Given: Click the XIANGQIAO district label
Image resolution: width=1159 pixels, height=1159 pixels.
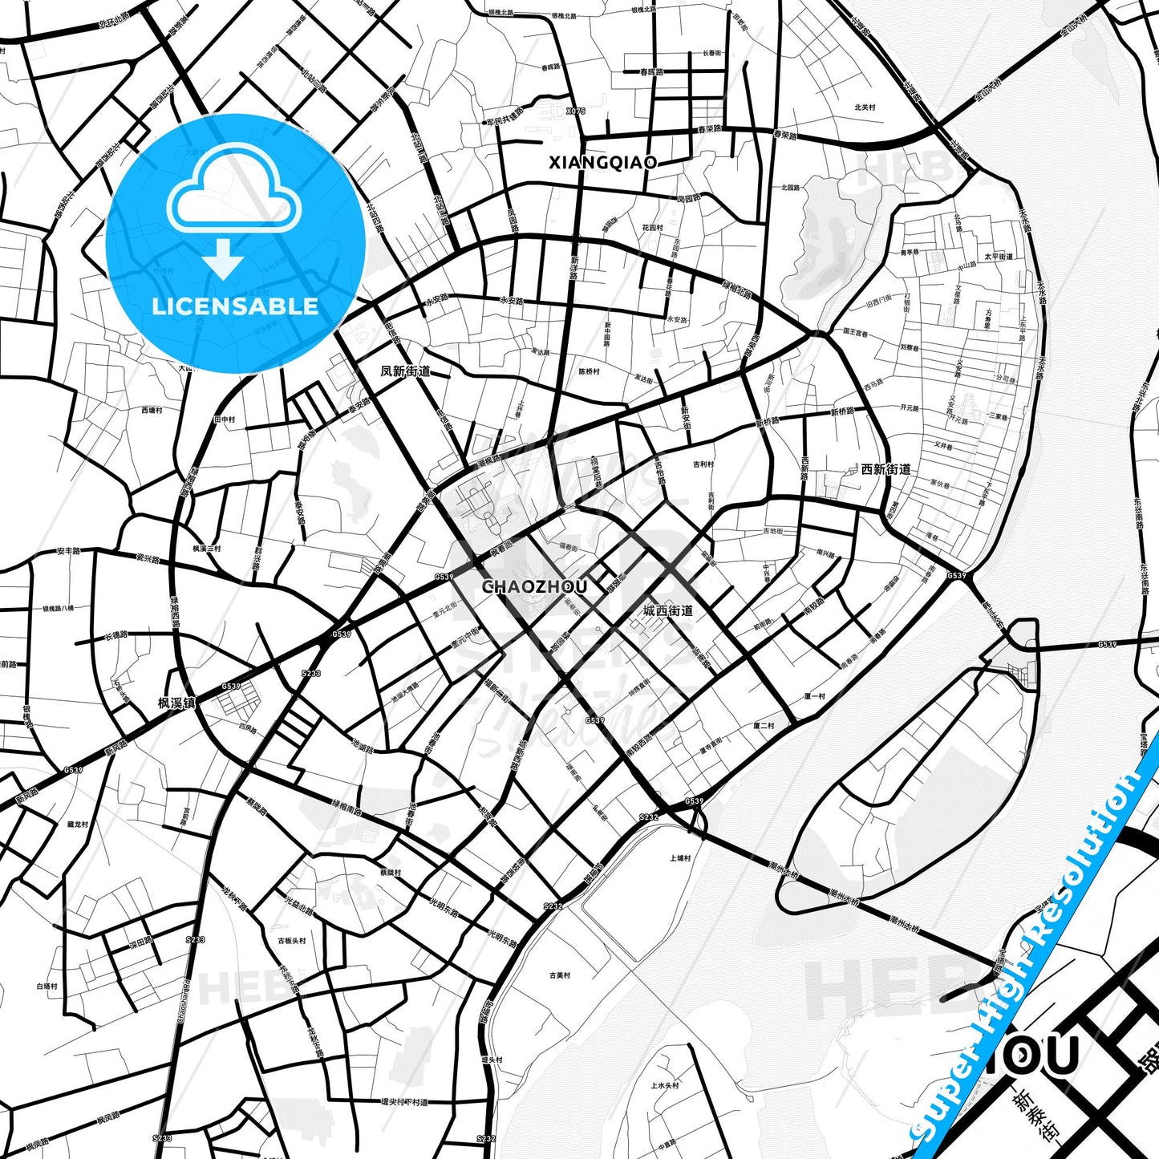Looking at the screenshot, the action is coord(602,163).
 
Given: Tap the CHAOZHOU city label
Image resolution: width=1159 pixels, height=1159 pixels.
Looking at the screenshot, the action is coord(534,587).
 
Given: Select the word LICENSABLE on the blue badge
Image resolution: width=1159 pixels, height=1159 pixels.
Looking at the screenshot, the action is coord(235,306).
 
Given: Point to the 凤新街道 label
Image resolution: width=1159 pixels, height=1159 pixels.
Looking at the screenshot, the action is coord(405,371).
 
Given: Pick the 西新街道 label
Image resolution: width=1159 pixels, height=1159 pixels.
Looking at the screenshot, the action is coord(885,469).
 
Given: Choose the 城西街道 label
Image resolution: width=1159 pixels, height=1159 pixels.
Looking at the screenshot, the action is coord(668,610).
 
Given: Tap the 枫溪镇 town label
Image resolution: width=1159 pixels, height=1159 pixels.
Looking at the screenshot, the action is coord(177,703).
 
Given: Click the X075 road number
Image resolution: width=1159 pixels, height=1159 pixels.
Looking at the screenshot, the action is coord(576,111).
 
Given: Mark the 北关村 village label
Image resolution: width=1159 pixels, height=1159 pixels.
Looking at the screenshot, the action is coord(865,107).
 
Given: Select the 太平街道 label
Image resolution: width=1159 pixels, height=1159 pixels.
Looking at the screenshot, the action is coord(999,257).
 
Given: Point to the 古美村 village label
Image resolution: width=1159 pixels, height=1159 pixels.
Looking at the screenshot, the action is coord(560,976).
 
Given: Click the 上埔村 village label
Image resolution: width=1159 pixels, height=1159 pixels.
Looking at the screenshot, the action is coord(680,858).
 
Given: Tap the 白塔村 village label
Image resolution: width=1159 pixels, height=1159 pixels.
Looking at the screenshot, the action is coord(47,987).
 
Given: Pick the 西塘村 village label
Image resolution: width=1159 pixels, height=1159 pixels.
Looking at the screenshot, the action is coord(152,410).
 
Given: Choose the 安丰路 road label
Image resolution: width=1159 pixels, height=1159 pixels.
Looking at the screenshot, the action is coord(69,552).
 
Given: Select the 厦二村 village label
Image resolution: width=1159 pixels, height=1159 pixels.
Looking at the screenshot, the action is coord(764,726).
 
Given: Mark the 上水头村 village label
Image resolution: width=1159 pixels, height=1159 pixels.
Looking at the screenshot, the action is coord(665,1085).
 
